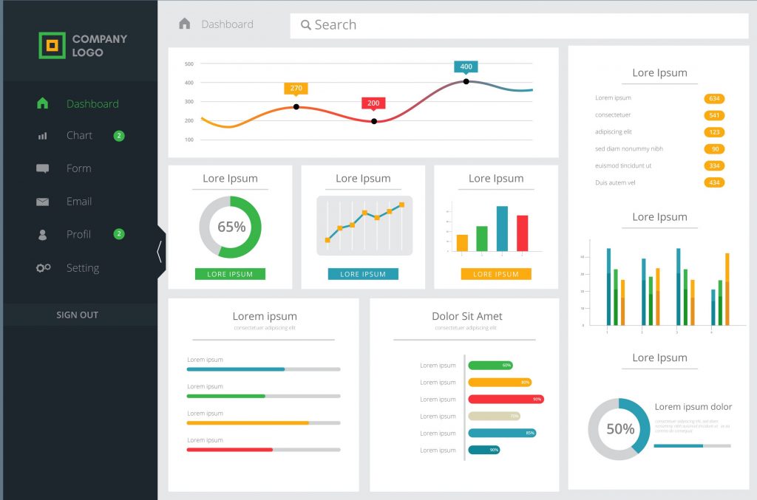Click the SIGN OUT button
[78, 315]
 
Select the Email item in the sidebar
[78, 201]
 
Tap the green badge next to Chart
[119, 135]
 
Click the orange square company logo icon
[52, 45]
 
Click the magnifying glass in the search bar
[306, 25]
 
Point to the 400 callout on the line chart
[466, 66]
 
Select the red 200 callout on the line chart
[373, 103]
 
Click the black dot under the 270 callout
[296, 107]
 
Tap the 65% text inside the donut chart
[231, 227]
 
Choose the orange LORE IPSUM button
[496, 274]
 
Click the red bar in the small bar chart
[522, 233]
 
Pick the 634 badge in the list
[714, 98]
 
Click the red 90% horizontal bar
[506, 399]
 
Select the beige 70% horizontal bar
[494, 416]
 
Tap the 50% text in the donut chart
[619, 428]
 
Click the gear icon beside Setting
[43, 268]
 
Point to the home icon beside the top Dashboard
[185, 24]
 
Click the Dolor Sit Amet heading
[466, 316]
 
